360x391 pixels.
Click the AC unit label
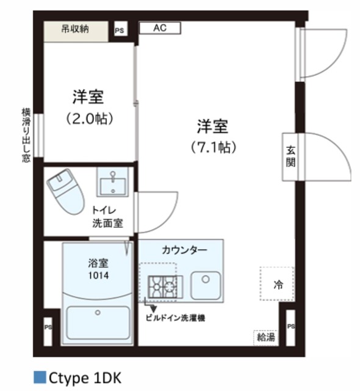(160, 28)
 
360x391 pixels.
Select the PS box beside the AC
(121, 29)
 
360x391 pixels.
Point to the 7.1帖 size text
(212, 147)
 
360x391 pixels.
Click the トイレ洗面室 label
(107, 216)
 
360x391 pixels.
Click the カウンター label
(184, 250)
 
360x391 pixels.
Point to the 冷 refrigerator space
(278, 284)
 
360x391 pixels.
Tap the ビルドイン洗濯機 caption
(176, 318)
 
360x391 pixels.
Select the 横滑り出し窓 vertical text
(26, 135)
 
